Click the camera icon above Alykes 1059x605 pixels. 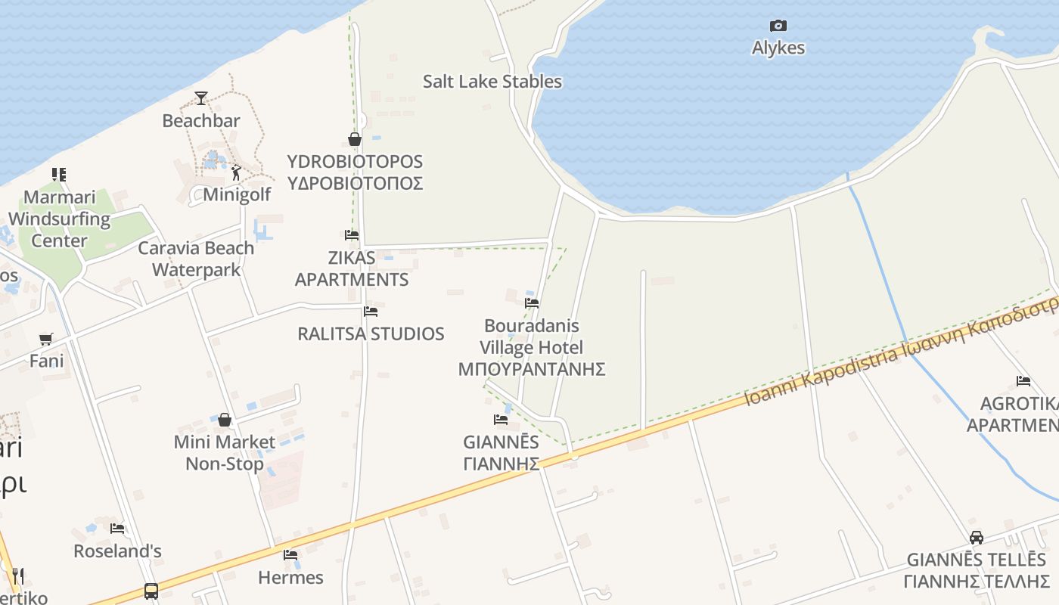(x=778, y=26)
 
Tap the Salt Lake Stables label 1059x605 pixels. (x=492, y=82)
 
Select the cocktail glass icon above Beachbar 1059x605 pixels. (x=200, y=98)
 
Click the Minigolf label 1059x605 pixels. (x=237, y=195)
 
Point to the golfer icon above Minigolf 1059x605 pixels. (x=236, y=173)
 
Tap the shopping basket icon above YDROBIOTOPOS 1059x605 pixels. (x=354, y=139)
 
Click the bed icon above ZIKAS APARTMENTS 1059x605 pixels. (x=351, y=235)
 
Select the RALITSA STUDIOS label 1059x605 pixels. (x=371, y=334)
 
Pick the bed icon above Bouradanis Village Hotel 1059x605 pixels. (x=532, y=303)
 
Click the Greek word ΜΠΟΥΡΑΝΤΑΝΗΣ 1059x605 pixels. (x=532, y=369)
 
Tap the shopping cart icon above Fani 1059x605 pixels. (x=46, y=339)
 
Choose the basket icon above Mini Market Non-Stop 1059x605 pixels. (x=224, y=420)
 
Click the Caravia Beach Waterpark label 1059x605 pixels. (x=196, y=259)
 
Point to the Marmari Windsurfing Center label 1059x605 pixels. (x=59, y=219)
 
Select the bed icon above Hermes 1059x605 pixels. (x=290, y=555)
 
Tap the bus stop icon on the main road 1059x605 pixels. (x=151, y=591)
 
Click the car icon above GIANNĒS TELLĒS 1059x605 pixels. (x=976, y=538)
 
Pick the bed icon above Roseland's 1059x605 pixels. (x=117, y=529)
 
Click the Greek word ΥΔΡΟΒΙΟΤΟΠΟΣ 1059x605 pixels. (x=355, y=184)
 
